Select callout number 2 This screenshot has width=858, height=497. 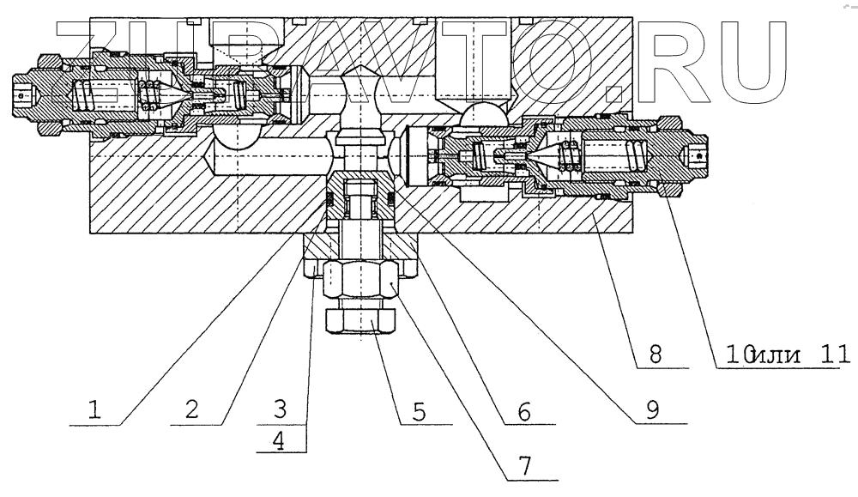(192, 410)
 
